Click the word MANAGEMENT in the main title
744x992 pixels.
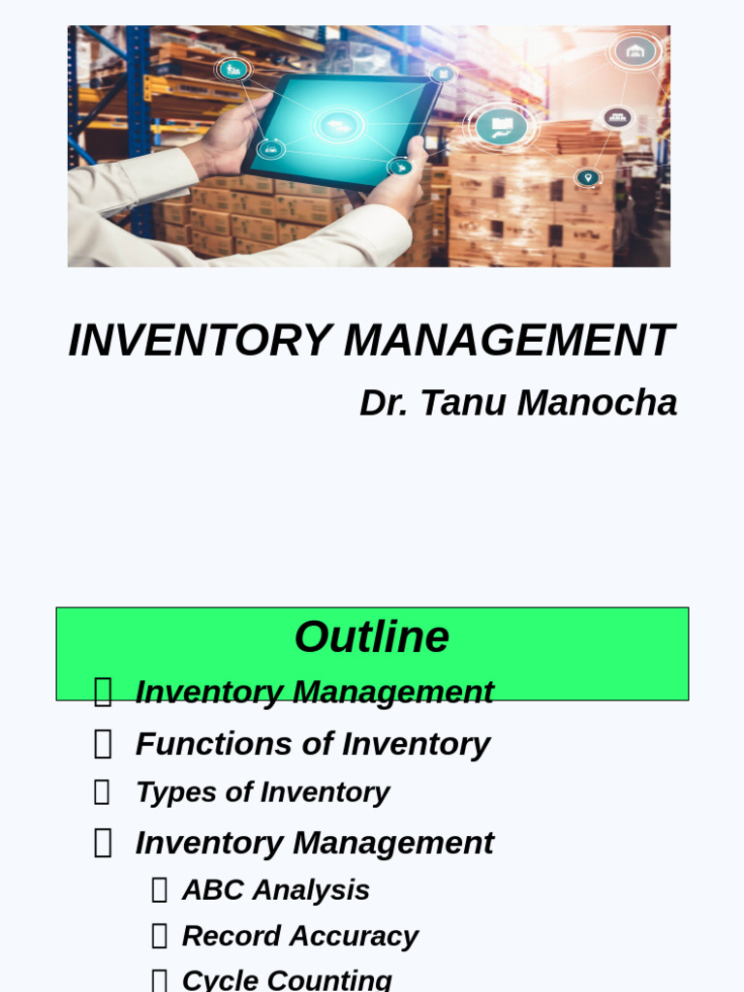coord(509,341)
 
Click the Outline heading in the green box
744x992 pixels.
coord(372,637)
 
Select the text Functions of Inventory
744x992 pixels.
coord(312,744)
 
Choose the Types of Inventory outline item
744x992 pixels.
coord(263,792)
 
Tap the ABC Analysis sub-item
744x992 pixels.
coord(276,890)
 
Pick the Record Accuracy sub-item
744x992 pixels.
coord(300,936)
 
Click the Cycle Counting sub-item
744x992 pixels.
coord(287,979)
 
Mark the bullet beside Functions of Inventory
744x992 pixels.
coord(103,744)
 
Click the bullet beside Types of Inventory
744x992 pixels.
coord(102,792)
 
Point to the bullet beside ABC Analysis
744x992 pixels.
coord(160,890)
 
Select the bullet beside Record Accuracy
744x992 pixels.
coord(160,936)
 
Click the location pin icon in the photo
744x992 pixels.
coord(587,178)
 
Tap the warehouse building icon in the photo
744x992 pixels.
coord(635,51)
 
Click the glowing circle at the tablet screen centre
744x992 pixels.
coord(338,125)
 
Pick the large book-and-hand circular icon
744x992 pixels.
coord(501,126)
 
